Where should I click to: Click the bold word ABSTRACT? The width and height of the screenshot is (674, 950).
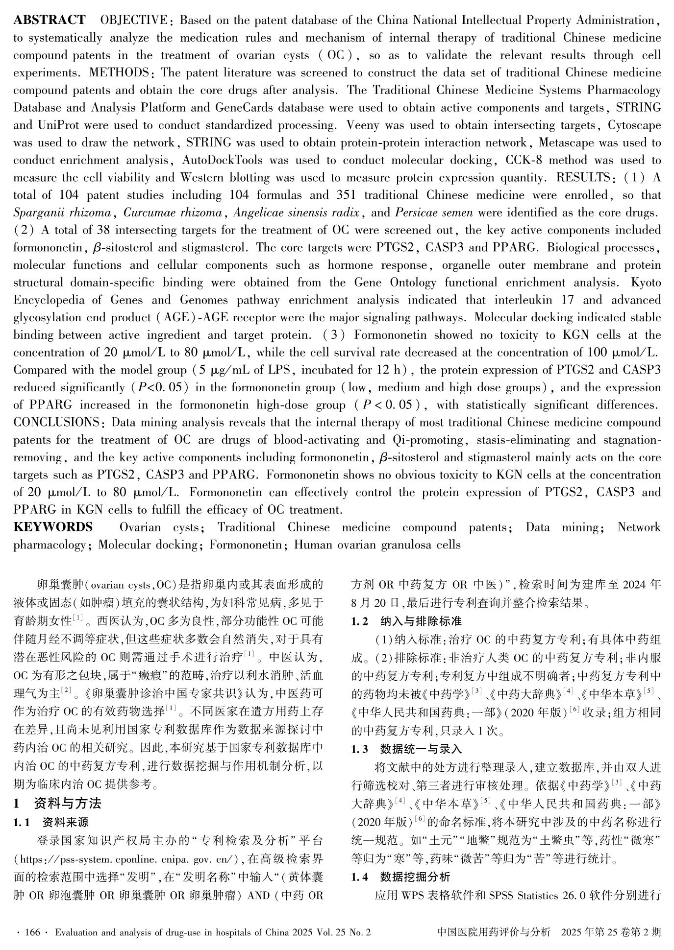[49, 21]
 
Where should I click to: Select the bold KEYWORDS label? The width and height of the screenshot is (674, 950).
[53, 527]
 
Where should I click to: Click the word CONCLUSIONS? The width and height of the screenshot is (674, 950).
[56, 423]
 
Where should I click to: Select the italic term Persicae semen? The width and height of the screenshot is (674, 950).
[434, 213]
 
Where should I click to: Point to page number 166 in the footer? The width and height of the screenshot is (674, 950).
[31, 932]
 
